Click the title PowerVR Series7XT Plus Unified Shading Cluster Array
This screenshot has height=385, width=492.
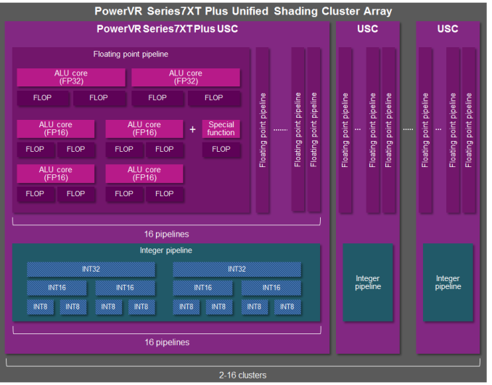pos(243,11)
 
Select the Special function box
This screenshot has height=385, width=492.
pos(221,129)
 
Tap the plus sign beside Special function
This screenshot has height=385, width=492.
pos(192,129)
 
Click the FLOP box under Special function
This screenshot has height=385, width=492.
pos(221,150)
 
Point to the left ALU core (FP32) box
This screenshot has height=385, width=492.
pos(70,78)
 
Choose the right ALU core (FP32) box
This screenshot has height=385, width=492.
pos(185,78)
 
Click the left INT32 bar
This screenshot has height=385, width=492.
pos(91,269)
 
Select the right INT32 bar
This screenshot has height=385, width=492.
pos(237,269)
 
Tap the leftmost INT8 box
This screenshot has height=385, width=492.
pos(40,307)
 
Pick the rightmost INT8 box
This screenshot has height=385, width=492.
pos(287,307)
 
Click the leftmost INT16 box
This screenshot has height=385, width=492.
pos(57,288)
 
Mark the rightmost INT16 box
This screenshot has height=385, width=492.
pos(271,288)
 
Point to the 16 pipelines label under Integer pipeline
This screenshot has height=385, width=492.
pos(167,342)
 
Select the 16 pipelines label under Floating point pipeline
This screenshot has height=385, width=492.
pos(167,235)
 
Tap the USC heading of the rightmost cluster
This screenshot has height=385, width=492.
pos(448,29)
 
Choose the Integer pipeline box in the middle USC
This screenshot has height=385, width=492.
pos(368,283)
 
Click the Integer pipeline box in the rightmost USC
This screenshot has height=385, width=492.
pos(448,283)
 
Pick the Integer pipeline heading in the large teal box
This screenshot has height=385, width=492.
pos(166,251)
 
